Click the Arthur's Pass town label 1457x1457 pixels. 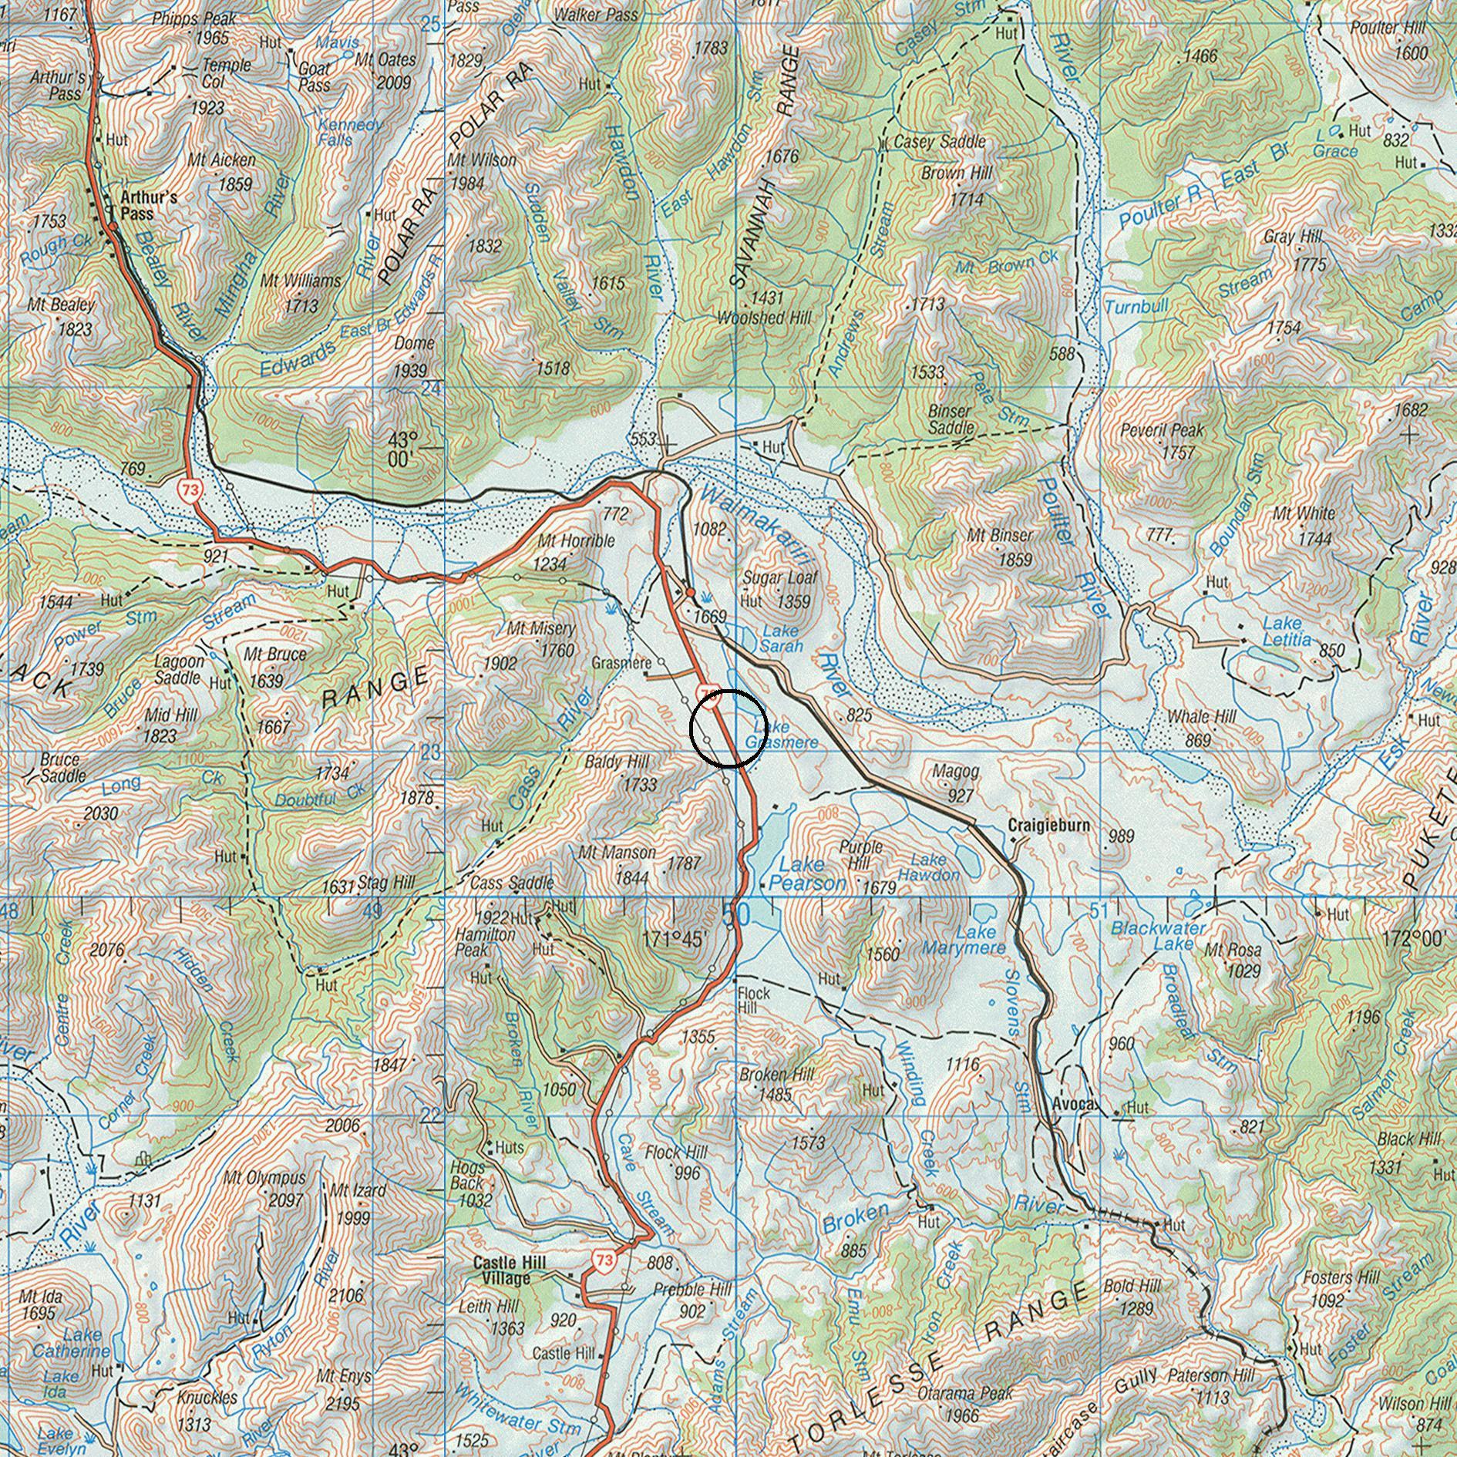pyautogui.click(x=149, y=205)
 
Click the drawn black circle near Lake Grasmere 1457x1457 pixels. pyautogui.click(x=728, y=728)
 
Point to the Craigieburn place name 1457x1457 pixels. pyautogui.click(x=1049, y=826)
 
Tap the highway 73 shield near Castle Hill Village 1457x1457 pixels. pyautogui.click(x=604, y=1260)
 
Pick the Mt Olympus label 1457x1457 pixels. pyautogui.click(x=264, y=1178)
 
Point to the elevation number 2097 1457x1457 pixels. pyautogui.click(x=285, y=1200)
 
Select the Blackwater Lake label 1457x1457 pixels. pyautogui.click(x=1159, y=937)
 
